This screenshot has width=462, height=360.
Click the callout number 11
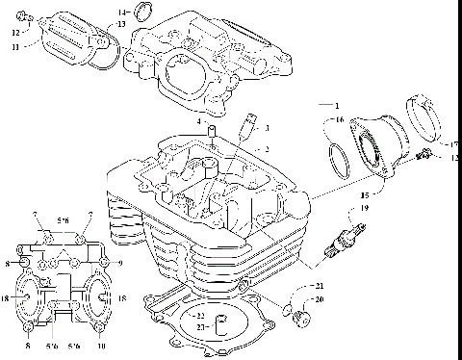tap(14, 46)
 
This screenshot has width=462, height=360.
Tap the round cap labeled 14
tap(143, 12)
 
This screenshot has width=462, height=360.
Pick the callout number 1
tap(337, 102)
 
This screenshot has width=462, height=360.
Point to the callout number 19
tap(364, 209)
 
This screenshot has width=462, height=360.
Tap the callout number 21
tap(321, 287)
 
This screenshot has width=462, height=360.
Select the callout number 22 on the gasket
tap(200, 316)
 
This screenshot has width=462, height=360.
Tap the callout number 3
tap(268, 128)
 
